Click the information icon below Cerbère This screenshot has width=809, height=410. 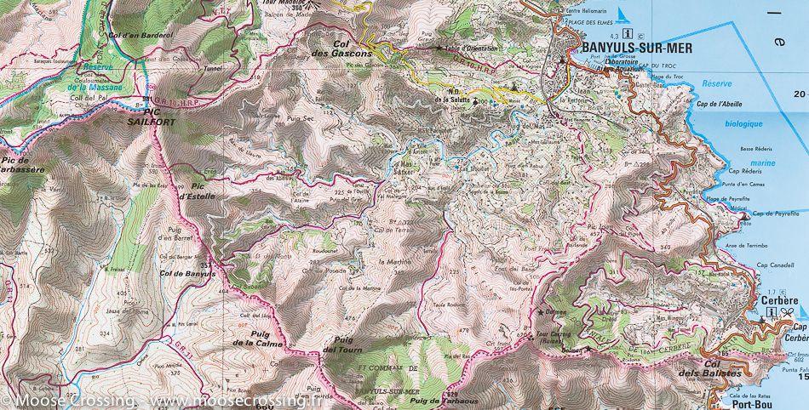coord(770,312)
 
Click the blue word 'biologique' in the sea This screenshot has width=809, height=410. coord(737,123)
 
